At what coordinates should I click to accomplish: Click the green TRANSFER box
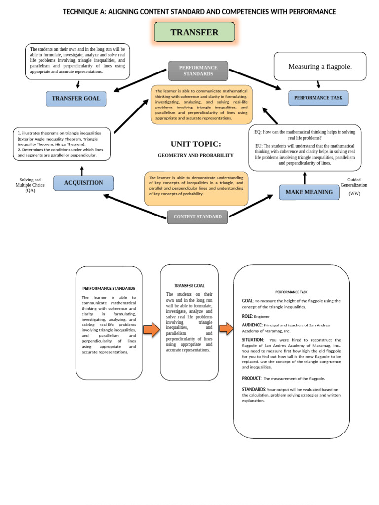(194, 33)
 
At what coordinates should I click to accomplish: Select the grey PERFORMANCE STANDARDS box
(198, 71)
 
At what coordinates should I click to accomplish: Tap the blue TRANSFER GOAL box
(76, 98)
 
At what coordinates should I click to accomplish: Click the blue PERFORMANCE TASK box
(318, 98)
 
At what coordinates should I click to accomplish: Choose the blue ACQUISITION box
(83, 183)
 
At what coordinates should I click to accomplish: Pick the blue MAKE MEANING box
(309, 192)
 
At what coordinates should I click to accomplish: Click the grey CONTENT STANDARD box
(197, 216)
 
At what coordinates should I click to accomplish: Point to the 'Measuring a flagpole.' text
(320, 67)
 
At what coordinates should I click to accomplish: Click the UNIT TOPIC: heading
(196, 144)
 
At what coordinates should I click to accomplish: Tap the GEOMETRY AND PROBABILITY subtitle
(196, 155)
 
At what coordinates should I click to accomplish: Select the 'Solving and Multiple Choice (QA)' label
(30, 185)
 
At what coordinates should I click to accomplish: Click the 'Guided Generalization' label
(354, 182)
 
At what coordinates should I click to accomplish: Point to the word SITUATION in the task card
(253, 340)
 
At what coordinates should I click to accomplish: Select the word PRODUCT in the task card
(251, 378)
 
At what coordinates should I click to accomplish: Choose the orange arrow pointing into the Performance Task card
(226, 329)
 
